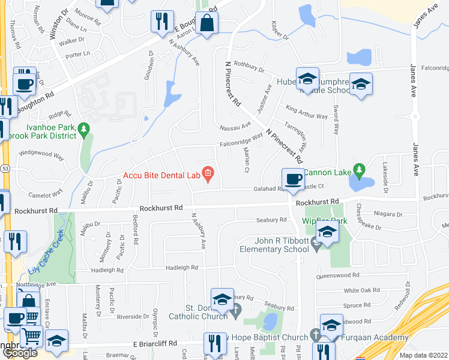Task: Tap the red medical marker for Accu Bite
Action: coord(208,175)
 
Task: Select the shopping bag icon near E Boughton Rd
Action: coord(206,25)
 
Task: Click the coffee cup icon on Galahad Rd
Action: coord(293,180)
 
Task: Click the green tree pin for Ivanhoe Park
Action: coord(84,128)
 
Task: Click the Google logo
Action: coord(20,353)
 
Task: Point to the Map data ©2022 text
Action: coord(423,355)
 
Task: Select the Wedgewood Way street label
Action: coord(41,154)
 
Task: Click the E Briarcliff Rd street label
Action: coord(155,344)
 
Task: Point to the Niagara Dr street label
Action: coord(387,214)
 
